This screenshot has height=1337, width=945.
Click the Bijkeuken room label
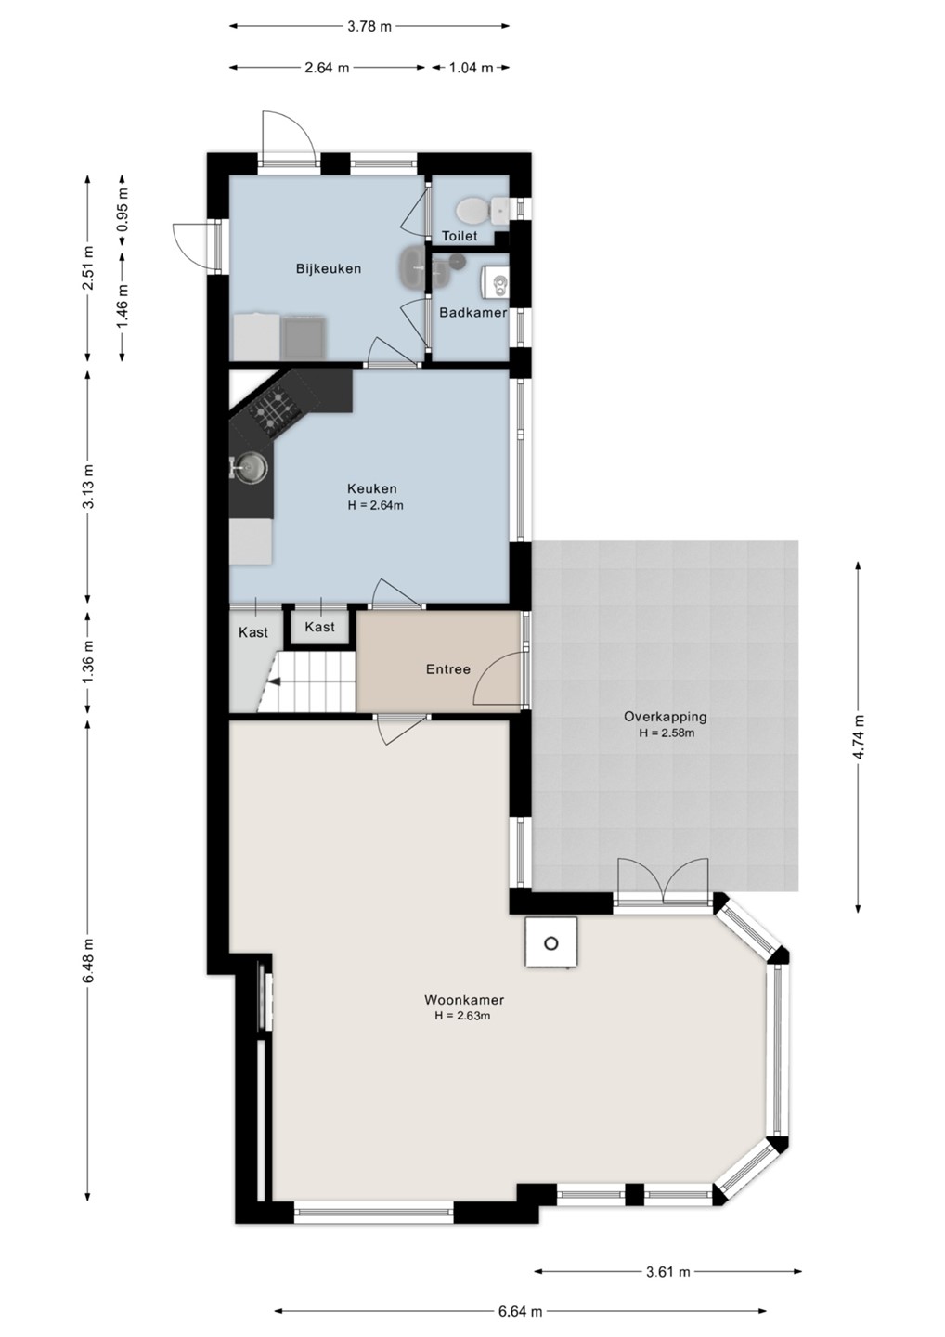pos(328,268)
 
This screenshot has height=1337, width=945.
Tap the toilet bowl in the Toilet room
pos(472,210)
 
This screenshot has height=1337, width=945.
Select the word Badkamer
pos(473,312)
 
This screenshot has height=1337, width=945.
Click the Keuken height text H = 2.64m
pos(375,505)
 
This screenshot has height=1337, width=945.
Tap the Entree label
pos(448,669)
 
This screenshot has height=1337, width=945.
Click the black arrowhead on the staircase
pos(274,682)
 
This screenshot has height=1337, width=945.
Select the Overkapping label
pos(666,716)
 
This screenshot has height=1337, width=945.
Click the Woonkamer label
pos(464,999)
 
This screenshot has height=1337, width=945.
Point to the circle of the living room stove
pos(551,943)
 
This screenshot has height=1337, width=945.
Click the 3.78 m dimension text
pos(369,26)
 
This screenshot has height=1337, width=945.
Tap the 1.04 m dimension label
pos(471,68)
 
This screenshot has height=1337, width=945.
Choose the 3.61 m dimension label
pos(667,1271)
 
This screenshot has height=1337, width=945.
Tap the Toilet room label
pos(460,237)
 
